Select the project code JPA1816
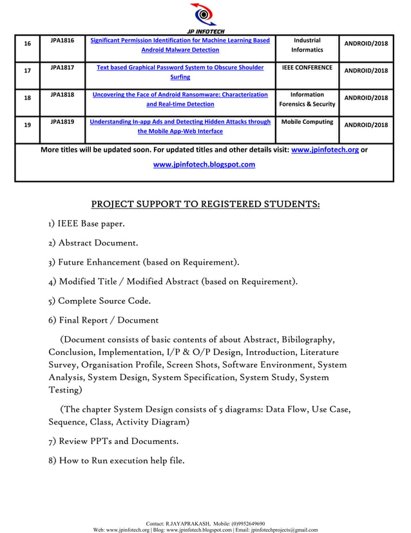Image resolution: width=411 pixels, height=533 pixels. point(62,41)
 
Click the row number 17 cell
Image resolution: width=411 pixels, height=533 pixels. point(27,71)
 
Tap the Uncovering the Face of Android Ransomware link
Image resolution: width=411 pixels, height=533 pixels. point(180,99)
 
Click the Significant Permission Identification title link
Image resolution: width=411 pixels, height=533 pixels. point(180,45)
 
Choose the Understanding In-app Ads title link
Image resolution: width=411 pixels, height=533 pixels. point(180,126)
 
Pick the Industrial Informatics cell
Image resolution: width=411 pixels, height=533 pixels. point(307,45)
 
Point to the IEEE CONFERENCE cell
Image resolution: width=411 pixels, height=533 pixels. point(307,67)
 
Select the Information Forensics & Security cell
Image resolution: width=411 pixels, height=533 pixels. point(307,99)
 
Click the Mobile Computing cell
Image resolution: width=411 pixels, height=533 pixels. point(307,121)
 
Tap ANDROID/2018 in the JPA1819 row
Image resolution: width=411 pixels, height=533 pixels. point(366,125)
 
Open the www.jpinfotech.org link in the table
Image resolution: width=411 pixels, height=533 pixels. point(325,150)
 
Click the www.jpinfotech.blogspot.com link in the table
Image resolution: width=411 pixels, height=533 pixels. point(204,165)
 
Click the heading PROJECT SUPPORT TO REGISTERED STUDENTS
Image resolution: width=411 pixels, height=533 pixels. point(205,205)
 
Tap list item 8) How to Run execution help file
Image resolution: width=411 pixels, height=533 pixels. point(116,460)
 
